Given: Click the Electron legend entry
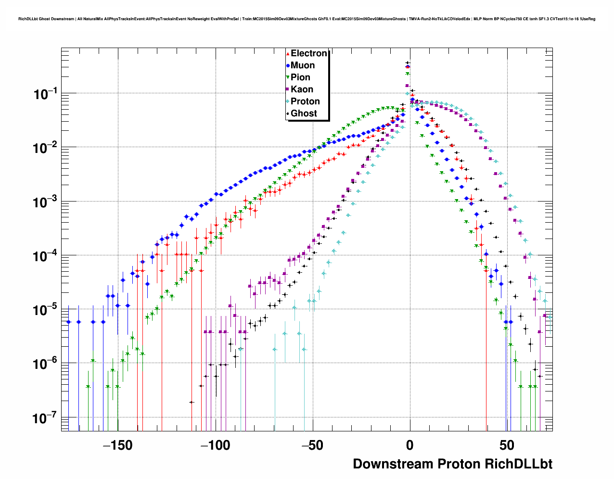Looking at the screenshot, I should (308, 53).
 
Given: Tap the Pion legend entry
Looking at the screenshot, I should (300, 77).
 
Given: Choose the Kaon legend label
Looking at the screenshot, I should (302, 89).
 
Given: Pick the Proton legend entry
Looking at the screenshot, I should (305, 101).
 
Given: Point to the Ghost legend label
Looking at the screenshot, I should (304, 113).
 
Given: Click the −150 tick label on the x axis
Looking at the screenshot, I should (118, 445).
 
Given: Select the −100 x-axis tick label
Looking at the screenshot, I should (215, 445).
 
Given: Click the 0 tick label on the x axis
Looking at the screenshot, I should (409, 445).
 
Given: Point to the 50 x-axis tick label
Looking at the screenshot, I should (507, 445).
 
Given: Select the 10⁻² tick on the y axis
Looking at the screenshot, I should (45, 148).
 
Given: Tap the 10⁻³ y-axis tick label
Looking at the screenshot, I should (45, 202).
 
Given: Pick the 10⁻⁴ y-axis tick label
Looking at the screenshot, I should (45, 256).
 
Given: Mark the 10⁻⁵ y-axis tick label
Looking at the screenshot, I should (45, 310).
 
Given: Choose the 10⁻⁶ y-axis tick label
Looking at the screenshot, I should (45, 365).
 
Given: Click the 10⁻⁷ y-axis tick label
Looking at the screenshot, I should (45, 418).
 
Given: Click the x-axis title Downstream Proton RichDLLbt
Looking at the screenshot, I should (452, 464).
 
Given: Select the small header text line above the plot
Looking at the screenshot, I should (307, 19).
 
